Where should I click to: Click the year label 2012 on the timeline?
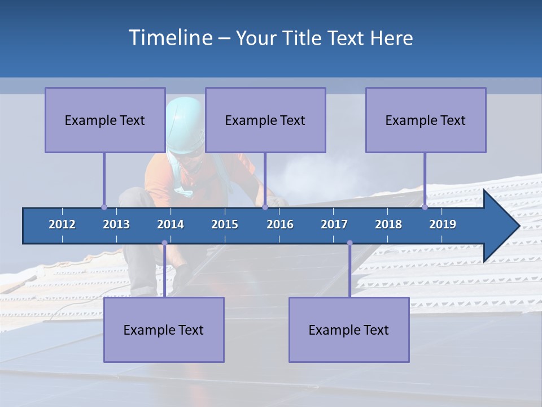pos(62,224)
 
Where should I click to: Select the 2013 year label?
pos(116,224)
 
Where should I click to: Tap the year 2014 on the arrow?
pos(171,224)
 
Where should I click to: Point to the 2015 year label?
pos(225,224)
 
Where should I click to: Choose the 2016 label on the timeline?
pos(280,224)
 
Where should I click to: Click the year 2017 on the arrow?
pos(334,224)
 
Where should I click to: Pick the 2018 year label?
pos(388,224)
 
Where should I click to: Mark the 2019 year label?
pos(443,224)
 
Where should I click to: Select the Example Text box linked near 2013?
pos(105,120)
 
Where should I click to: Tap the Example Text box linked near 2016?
pos(265,120)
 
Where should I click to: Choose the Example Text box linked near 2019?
pos(426,120)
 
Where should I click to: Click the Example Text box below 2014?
pos(164,330)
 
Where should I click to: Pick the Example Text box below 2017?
pos(349,330)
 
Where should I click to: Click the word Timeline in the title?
pos(170,37)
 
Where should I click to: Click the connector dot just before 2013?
pos(104,207)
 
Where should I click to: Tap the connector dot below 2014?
pos(164,243)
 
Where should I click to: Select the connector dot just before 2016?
pos(265,207)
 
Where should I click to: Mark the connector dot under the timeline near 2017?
pos(349,243)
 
